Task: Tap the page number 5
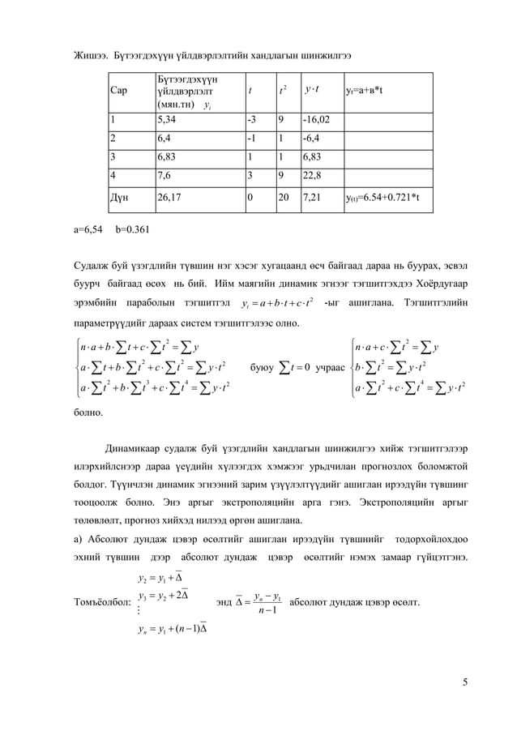(464, 681)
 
